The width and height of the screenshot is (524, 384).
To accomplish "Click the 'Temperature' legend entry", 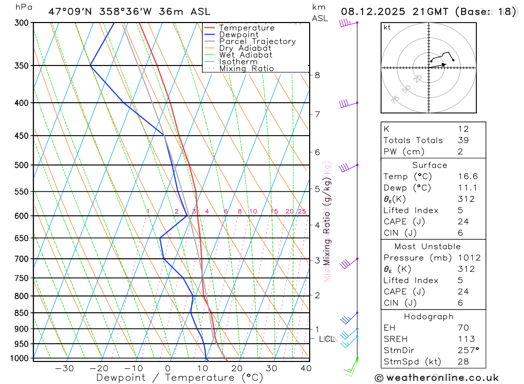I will pos(246,28).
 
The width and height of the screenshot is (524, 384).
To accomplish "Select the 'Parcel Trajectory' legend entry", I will pos(257,41).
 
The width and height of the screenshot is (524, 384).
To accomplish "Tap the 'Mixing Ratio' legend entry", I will pos(246,69).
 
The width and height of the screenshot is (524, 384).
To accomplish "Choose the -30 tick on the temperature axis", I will pos(64,368).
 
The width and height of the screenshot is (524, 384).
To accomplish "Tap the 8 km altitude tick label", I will pos(317,75).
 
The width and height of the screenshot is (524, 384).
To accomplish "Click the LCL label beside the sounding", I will pos(327,339).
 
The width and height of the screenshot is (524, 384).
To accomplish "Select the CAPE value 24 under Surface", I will pos(463,222).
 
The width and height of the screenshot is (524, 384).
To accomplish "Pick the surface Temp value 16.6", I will pos(467,177).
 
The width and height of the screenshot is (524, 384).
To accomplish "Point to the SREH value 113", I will pos(466,339).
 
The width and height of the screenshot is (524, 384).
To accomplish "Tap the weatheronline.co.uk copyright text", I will pos(436,377).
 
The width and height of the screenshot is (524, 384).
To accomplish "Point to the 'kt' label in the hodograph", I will pos(387,27).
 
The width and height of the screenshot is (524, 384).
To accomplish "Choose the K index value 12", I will pos(463,129).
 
